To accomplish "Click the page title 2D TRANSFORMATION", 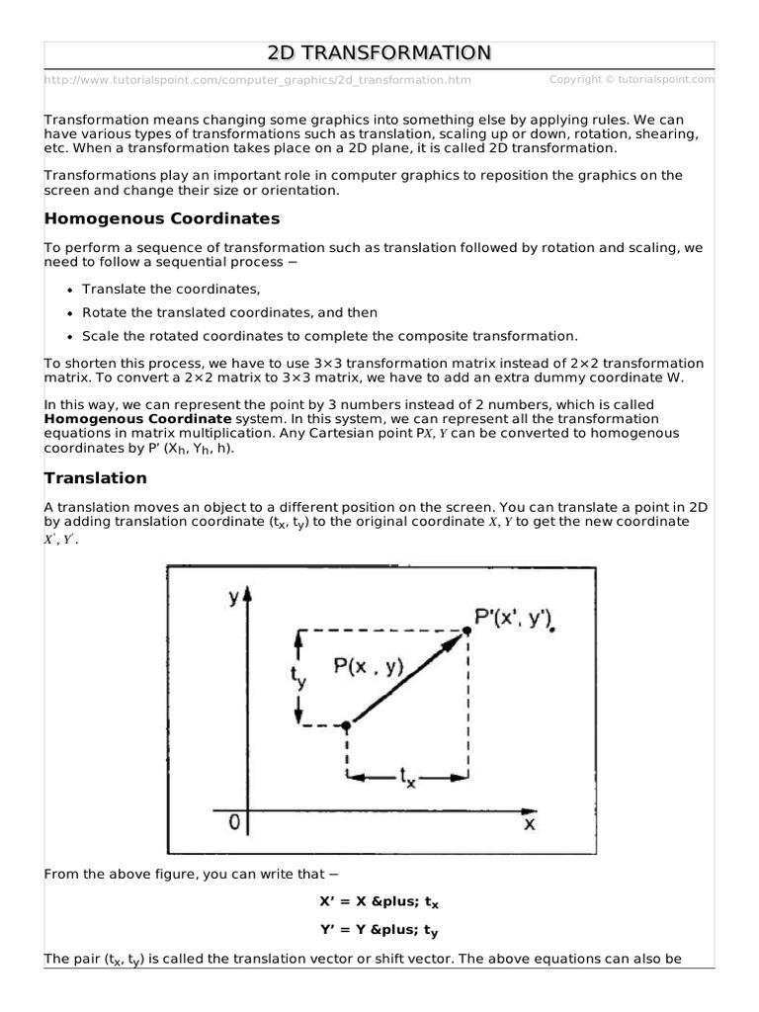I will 379,52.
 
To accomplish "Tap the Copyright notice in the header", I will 631,79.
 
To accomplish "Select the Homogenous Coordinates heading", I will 162,218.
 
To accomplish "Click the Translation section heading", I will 96,478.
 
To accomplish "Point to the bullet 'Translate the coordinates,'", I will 171,289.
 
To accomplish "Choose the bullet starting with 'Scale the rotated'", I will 329,336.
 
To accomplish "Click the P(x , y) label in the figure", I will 369,667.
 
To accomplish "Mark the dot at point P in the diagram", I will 346,725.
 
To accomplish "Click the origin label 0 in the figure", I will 233,821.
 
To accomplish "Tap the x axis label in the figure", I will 529,822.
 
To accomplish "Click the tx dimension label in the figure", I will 406,779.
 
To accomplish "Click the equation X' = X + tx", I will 379,901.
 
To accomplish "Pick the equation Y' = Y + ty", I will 379,929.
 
